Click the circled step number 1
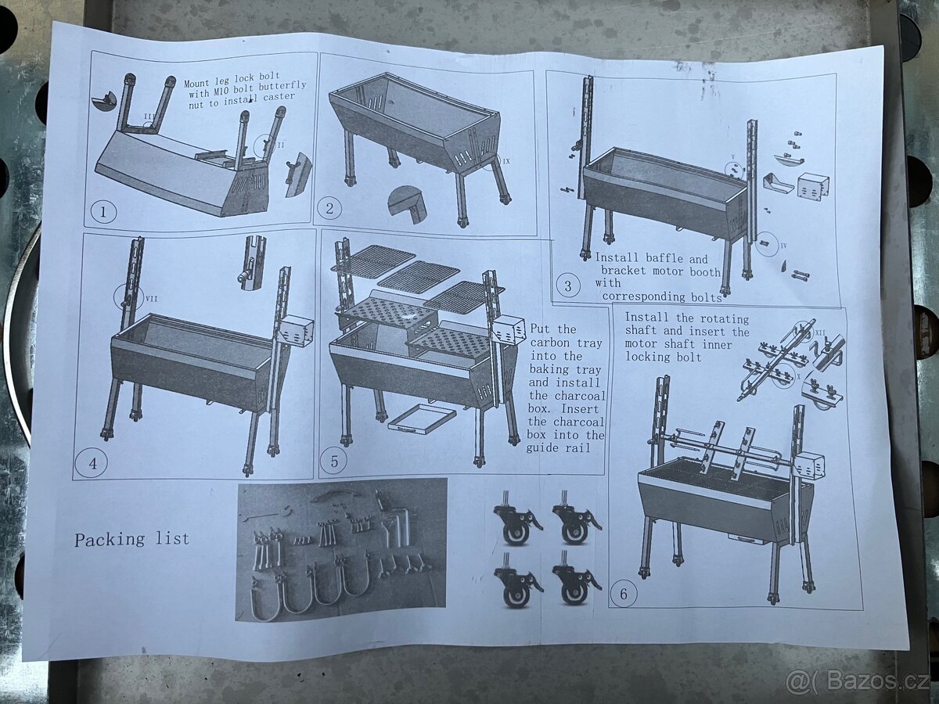point(103,212)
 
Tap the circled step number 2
point(329,209)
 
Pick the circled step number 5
point(335,462)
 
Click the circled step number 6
point(624,594)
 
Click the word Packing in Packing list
point(110,540)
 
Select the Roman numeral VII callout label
point(152,298)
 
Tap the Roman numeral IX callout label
point(506,161)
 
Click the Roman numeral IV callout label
point(783,246)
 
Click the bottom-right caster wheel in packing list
point(576,586)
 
